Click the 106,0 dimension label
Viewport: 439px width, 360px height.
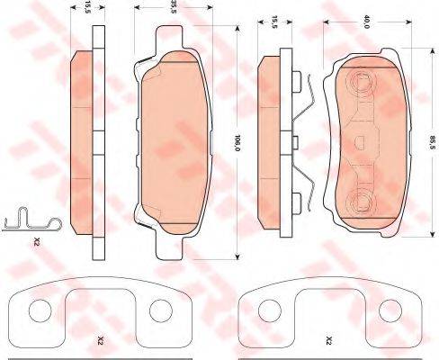[237, 142]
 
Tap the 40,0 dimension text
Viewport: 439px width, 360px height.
[365, 22]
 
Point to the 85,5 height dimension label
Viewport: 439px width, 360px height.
[432, 143]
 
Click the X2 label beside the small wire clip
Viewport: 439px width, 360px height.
[37, 241]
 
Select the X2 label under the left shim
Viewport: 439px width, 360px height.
[101, 340]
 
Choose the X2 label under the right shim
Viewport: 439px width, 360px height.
[329, 340]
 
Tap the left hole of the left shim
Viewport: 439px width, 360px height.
[40, 310]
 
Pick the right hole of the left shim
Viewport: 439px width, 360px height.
[161, 310]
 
